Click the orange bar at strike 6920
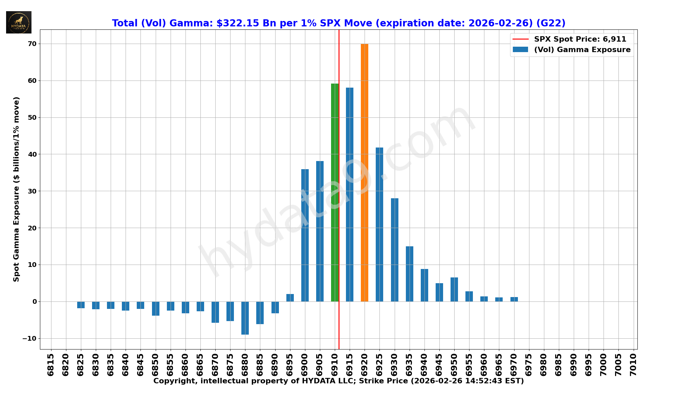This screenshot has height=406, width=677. click(x=364, y=173)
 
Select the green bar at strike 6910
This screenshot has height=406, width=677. click(x=334, y=193)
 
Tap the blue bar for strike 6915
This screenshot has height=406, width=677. click(x=349, y=195)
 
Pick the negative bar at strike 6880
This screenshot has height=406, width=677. click(x=245, y=318)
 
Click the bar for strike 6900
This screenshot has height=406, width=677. click(x=305, y=235)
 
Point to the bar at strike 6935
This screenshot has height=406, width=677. click(x=409, y=274)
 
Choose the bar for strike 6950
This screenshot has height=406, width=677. click(x=454, y=289)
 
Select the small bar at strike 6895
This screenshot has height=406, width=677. click(x=290, y=298)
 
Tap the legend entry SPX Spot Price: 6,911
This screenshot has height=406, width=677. click(x=580, y=39)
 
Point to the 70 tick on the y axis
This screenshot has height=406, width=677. click(x=32, y=44)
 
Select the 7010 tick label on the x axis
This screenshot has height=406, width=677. click(x=633, y=364)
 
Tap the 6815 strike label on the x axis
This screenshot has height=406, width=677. click(x=51, y=364)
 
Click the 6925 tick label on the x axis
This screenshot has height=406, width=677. click(x=379, y=364)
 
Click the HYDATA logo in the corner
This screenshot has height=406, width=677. click(x=19, y=22)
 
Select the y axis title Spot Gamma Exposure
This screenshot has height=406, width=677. click(x=16, y=189)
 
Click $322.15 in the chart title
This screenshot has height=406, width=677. click(x=238, y=23)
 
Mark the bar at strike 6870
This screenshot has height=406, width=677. click(x=215, y=312)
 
